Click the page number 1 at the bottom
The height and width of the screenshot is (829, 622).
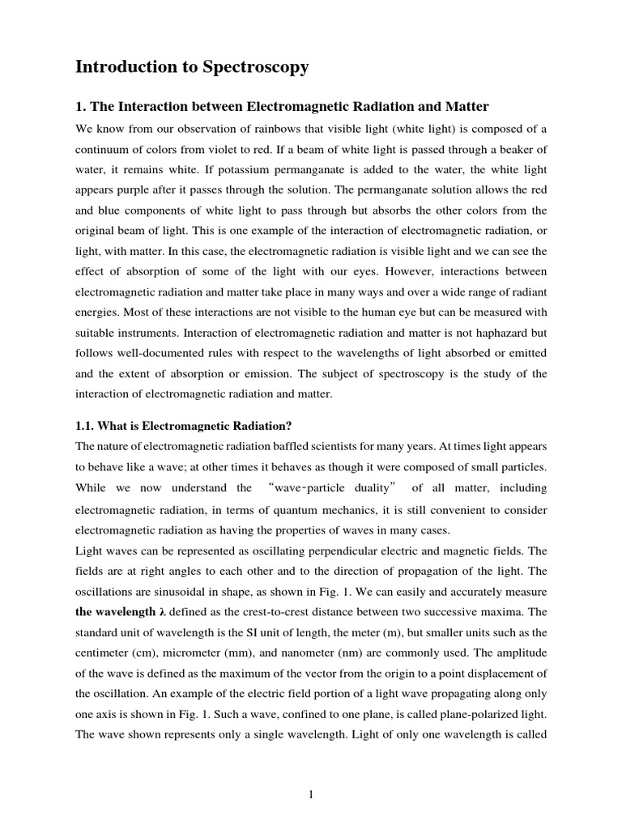click(311, 796)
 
